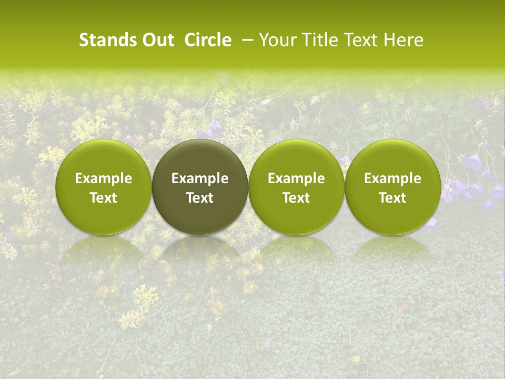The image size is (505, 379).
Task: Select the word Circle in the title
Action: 208,40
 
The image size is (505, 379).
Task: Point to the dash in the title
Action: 246,40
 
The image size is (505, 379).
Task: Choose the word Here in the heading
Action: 404,40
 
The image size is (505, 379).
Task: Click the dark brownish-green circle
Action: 200,187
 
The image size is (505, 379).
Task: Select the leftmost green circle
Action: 104,187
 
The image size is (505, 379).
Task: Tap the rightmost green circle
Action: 392,187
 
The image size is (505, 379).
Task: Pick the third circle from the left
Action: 296,187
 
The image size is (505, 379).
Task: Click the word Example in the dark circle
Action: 200,178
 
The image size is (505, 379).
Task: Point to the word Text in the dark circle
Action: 200,198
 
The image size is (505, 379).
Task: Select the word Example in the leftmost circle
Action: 104,178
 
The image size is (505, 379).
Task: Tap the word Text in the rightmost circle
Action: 392,198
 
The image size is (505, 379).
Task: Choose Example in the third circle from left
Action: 296,178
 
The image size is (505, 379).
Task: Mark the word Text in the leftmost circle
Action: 104,198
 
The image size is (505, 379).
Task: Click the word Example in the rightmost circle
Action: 392,178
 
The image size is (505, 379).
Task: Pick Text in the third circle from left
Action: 296,198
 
